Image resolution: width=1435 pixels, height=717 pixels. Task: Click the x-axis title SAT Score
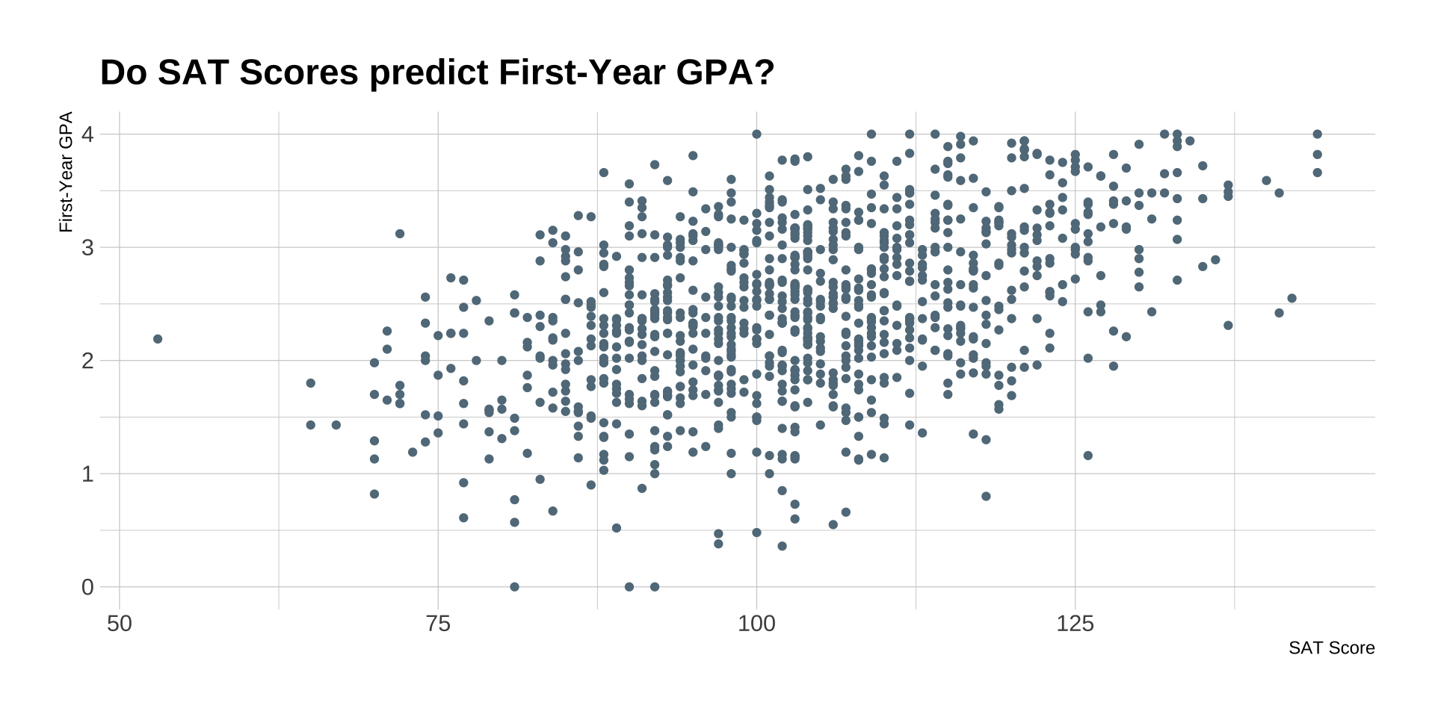[x=1331, y=648]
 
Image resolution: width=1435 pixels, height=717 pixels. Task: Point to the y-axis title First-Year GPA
[x=67, y=173]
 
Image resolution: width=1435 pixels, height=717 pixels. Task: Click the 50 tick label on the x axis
[x=120, y=624]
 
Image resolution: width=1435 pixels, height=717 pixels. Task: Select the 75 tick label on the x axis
[x=438, y=624]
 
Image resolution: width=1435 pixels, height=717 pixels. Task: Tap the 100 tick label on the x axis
[x=756, y=624]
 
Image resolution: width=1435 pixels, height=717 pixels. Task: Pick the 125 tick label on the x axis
[x=1075, y=624]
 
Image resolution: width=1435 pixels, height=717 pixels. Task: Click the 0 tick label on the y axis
[x=87, y=588]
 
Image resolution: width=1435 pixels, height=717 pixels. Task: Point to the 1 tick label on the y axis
[x=87, y=474]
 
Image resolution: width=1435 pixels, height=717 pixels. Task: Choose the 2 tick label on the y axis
[x=87, y=361]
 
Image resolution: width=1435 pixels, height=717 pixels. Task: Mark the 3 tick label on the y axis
[x=87, y=248]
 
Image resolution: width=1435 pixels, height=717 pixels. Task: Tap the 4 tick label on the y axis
[x=87, y=134]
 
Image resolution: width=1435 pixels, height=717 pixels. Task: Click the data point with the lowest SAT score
[x=158, y=339]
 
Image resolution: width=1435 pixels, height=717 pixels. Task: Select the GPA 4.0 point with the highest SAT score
[x=1317, y=134]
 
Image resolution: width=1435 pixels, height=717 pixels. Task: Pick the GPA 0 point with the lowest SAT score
[x=514, y=587]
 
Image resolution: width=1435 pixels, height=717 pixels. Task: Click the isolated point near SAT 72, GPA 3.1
[x=400, y=234]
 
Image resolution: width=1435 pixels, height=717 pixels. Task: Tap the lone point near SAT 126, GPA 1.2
[x=1088, y=456]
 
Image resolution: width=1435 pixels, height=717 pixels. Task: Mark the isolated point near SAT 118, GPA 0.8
[x=986, y=497]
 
